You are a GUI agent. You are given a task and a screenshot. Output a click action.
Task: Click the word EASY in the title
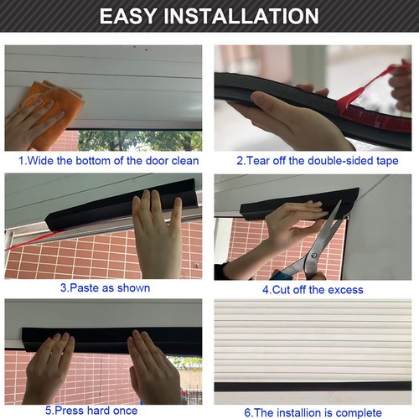(x=132, y=16)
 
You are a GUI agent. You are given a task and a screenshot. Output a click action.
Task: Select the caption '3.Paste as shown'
(x=104, y=288)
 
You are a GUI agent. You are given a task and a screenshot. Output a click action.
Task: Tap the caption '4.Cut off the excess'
(x=312, y=289)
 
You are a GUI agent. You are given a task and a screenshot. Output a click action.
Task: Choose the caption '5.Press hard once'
(x=103, y=411)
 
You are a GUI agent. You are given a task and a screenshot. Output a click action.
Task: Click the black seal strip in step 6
(x=312, y=386)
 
